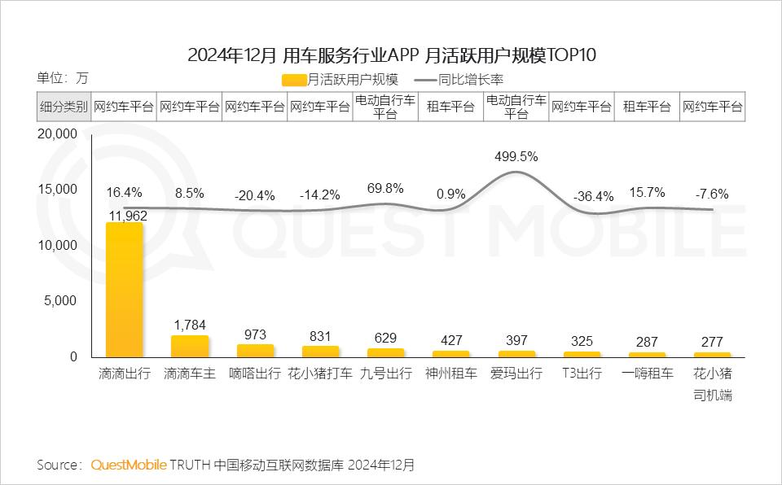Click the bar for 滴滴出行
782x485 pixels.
125,289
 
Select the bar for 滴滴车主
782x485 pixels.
190,346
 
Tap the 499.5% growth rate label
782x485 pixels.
516,157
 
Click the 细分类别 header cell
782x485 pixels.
64,107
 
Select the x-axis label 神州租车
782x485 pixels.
450,374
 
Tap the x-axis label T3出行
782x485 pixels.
582,374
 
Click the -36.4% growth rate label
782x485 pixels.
582,196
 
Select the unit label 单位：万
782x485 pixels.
62,79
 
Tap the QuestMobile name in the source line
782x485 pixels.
129,465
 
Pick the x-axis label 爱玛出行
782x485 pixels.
516,374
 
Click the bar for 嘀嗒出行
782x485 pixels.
255,351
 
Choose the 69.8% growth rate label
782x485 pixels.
385,188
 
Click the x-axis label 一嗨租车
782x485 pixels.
647,374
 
